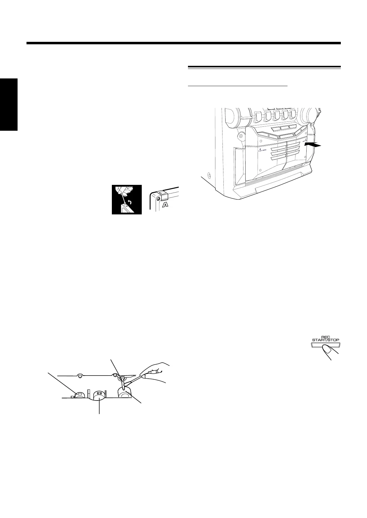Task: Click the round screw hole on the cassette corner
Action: point(157,199)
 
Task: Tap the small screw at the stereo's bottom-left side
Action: point(210,176)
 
